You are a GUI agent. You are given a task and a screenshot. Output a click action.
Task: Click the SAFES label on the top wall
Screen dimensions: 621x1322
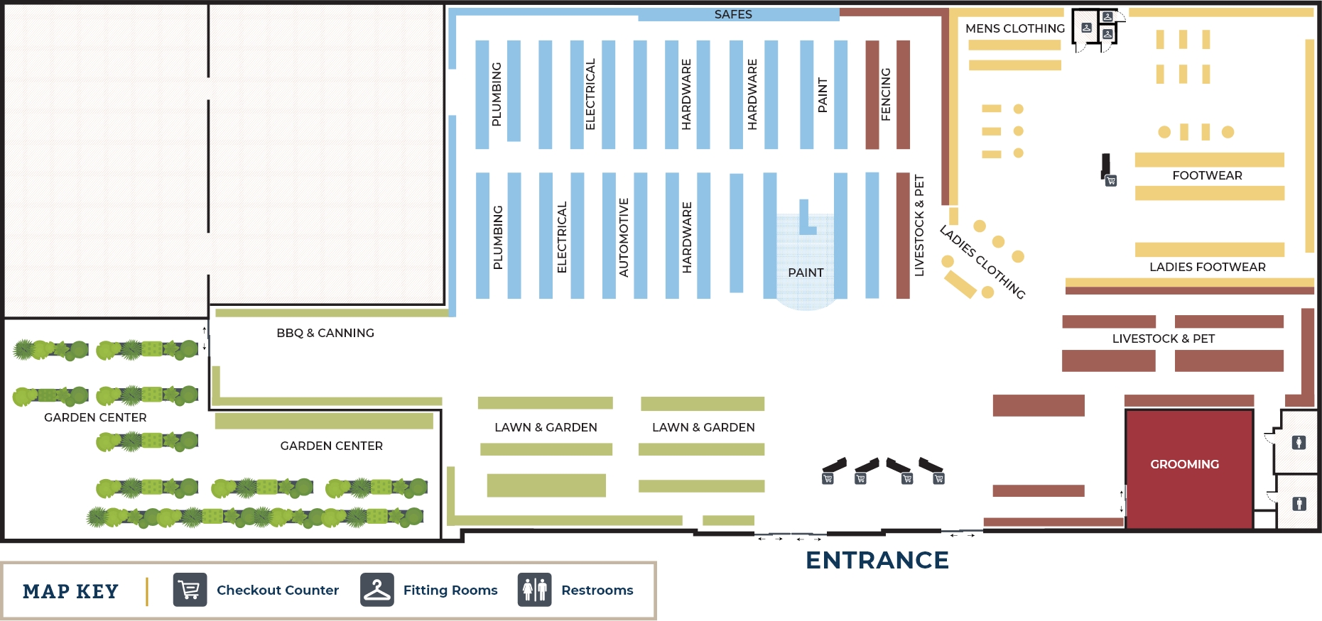(733, 14)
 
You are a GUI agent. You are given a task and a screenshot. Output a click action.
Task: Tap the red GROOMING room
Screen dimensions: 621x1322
(1188, 468)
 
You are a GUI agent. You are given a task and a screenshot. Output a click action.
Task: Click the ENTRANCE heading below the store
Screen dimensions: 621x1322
(877, 560)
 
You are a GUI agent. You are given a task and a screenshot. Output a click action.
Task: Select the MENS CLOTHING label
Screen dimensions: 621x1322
(1014, 28)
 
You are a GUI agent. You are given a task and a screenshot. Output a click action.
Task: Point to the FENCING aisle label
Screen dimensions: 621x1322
(886, 94)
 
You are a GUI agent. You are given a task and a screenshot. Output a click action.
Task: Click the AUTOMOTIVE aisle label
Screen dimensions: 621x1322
(624, 237)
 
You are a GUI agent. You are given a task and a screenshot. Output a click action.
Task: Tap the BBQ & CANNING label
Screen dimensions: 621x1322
(325, 333)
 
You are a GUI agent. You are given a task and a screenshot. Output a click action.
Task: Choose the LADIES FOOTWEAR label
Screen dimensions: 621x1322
(1207, 267)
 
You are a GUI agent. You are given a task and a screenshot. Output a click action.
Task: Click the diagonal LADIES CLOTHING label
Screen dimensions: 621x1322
(982, 262)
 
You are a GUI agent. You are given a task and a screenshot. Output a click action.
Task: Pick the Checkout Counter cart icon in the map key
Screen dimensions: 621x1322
(190, 590)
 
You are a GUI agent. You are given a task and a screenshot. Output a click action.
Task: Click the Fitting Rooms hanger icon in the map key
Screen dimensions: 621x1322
(376, 590)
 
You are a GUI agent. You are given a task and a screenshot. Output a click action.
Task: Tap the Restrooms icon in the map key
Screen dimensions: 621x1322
(534, 590)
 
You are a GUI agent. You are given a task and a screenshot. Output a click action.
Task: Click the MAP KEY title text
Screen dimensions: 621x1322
(70, 591)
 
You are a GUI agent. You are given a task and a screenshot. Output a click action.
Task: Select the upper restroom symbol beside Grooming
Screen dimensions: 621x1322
(1299, 443)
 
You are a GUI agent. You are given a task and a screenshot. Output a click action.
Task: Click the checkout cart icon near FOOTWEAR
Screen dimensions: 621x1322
(1111, 181)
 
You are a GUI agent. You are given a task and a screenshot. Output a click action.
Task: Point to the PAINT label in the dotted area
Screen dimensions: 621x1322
(806, 273)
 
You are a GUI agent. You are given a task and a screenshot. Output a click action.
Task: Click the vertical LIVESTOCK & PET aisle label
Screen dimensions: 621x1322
(919, 225)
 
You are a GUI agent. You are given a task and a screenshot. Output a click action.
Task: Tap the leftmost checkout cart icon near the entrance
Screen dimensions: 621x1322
(828, 479)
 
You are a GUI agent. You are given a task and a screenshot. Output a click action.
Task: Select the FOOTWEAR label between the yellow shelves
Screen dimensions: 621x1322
(1207, 175)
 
